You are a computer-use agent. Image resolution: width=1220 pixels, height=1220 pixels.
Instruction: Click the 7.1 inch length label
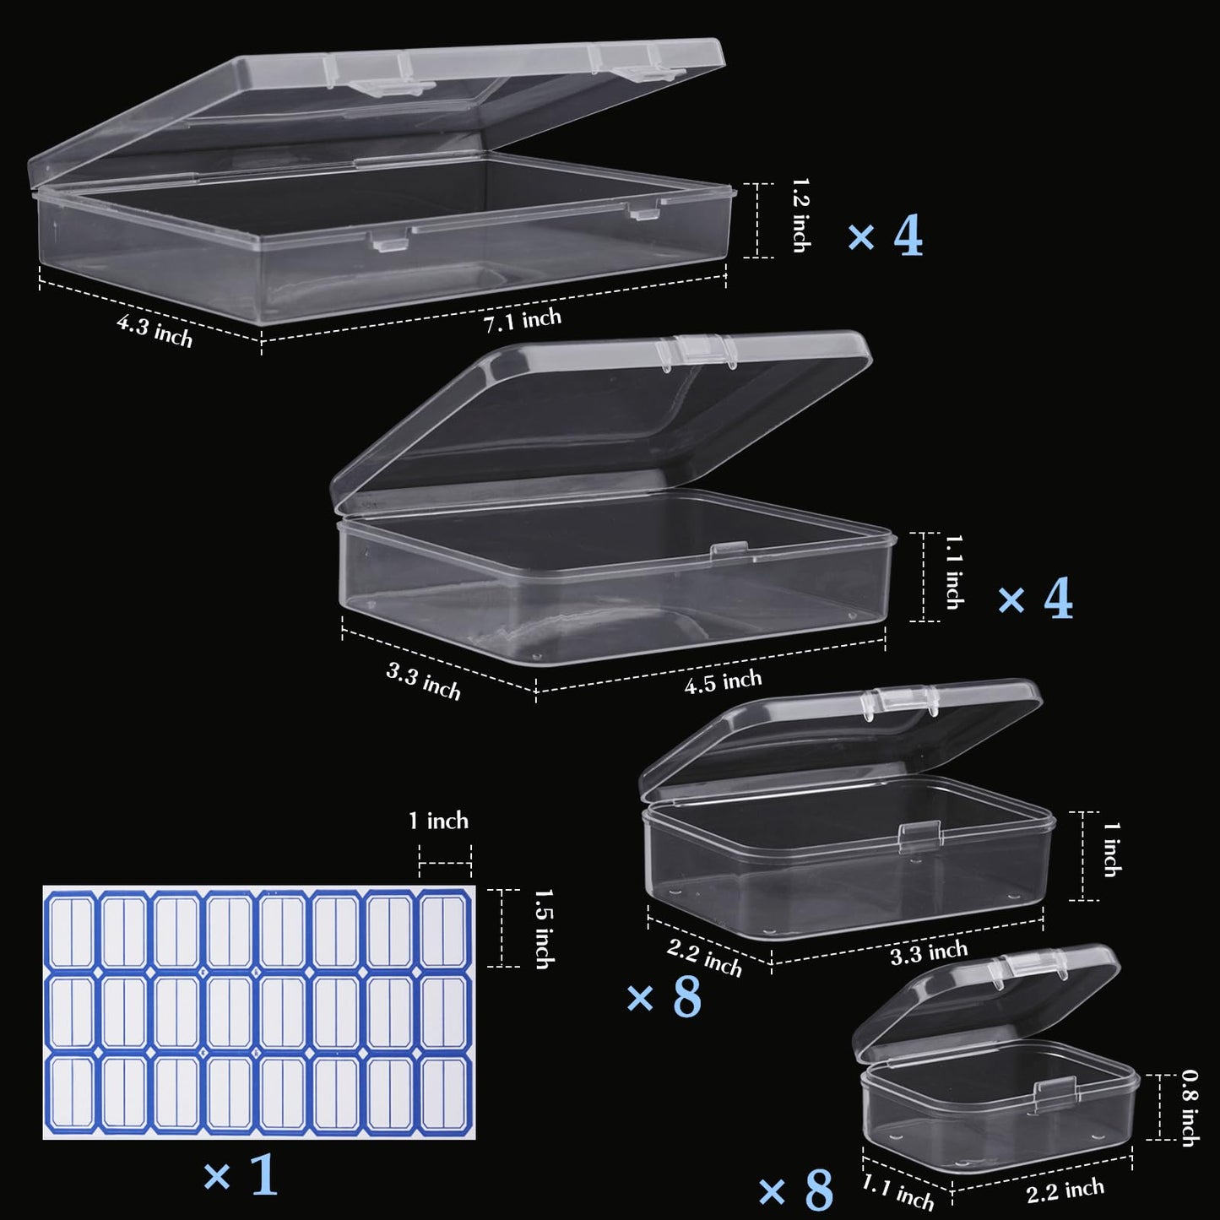(522, 320)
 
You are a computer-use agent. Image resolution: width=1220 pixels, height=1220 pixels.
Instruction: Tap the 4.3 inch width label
(155, 330)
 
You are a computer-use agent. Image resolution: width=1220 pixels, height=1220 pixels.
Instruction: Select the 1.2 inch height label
(801, 214)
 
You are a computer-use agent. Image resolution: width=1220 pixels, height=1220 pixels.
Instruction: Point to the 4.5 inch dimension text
(723, 681)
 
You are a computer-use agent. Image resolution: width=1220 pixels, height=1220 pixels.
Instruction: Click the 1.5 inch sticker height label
(544, 928)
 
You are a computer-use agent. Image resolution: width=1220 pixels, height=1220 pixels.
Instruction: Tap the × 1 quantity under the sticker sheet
(241, 1174)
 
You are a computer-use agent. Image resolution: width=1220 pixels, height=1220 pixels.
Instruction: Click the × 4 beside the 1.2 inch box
(885, 236)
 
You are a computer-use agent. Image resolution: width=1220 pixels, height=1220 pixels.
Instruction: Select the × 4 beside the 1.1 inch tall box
(1035, 599)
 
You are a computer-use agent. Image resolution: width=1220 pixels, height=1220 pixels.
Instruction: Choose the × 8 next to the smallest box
(796, 1190)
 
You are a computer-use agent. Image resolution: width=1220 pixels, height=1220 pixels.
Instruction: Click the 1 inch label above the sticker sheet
(438, 821)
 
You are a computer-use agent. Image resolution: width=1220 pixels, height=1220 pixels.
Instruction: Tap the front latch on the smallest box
(1050, 1093)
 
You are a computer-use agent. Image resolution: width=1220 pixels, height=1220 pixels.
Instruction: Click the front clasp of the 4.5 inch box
(728, 552)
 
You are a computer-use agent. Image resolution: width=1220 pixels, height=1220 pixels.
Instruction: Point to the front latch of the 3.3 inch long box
(919, 835)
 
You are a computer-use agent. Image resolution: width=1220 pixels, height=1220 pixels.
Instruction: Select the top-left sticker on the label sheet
(72, 931)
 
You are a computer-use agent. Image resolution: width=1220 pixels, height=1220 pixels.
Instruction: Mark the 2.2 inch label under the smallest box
(1065, 1190)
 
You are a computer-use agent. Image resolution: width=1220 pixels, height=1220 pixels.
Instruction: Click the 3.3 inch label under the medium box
(928, 952)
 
